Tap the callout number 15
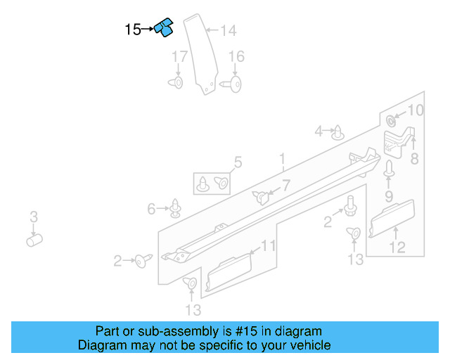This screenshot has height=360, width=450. pos(132,30)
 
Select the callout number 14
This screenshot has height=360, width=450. pos(228,30)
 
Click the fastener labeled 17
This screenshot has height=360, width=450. pos(176,83)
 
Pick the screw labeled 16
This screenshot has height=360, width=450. pos(234,84)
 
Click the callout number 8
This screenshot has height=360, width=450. pos(414,159)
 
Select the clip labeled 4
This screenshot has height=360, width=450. pos(339,131)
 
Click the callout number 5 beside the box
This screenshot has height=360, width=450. pos(238,163)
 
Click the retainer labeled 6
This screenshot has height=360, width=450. pos(175,208)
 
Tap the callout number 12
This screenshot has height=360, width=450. pos(397,247)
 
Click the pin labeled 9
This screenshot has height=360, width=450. pos(388,169)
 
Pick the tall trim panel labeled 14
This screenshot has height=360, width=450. pos(200,53)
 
